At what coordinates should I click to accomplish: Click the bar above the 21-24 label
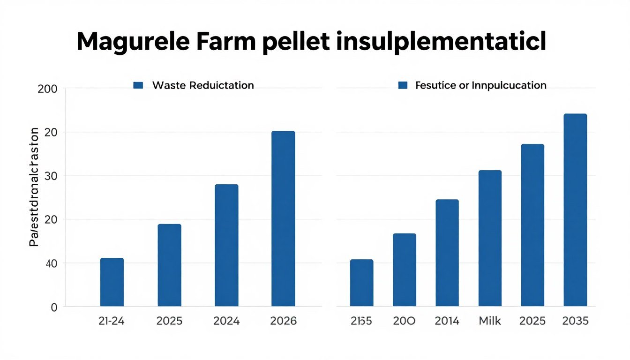click(x=112, y=282)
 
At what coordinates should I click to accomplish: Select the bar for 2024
click(x=226, y=245)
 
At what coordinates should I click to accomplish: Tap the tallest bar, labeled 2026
click(x=283, y=218)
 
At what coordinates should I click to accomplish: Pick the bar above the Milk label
click(x=490, y=238)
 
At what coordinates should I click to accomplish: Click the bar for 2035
click(x=575, y=210)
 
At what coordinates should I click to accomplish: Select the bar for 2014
click(x=447, y=253)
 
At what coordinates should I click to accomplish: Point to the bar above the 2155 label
click(x=361, y=283)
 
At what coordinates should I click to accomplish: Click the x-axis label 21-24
click(x=112, y=321)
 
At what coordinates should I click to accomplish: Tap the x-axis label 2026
click(x=283, y=321)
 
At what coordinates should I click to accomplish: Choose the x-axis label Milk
click(x=489, y=321)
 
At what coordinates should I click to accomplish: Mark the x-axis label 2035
click(x=575, y=321)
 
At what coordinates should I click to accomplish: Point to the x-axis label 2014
click(x=447, y=321)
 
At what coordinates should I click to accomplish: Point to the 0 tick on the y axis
click(x=53, y=307)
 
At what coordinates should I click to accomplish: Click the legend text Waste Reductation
click(x=203, y=85)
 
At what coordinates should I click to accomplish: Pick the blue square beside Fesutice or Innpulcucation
click(x=402, y=85)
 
